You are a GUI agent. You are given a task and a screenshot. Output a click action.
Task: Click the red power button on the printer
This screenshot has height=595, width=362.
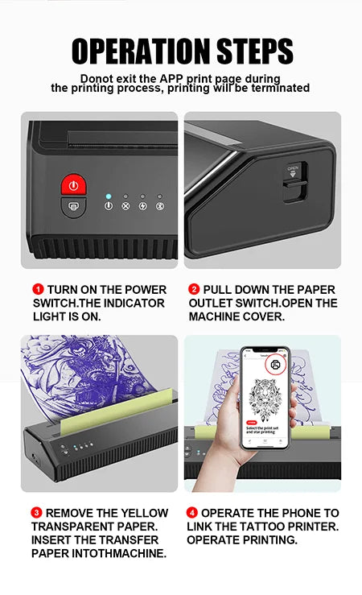[73, 185]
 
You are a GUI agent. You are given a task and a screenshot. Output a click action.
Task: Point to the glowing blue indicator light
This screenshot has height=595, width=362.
[108, 196]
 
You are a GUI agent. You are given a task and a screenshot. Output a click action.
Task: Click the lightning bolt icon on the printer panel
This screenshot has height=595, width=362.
[142, 205]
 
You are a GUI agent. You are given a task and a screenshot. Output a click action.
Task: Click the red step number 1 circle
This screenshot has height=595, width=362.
[38, 289]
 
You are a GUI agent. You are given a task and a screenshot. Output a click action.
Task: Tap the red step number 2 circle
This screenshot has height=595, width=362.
[194, 289]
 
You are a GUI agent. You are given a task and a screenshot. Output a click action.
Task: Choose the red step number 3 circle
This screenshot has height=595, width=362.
[37, 513]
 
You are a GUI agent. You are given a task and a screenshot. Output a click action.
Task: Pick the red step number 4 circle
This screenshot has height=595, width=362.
[192, 513]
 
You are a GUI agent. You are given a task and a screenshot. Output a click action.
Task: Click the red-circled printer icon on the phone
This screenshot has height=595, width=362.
[276, 364]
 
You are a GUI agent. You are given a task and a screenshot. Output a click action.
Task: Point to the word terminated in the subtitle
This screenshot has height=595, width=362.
[278, 89]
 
